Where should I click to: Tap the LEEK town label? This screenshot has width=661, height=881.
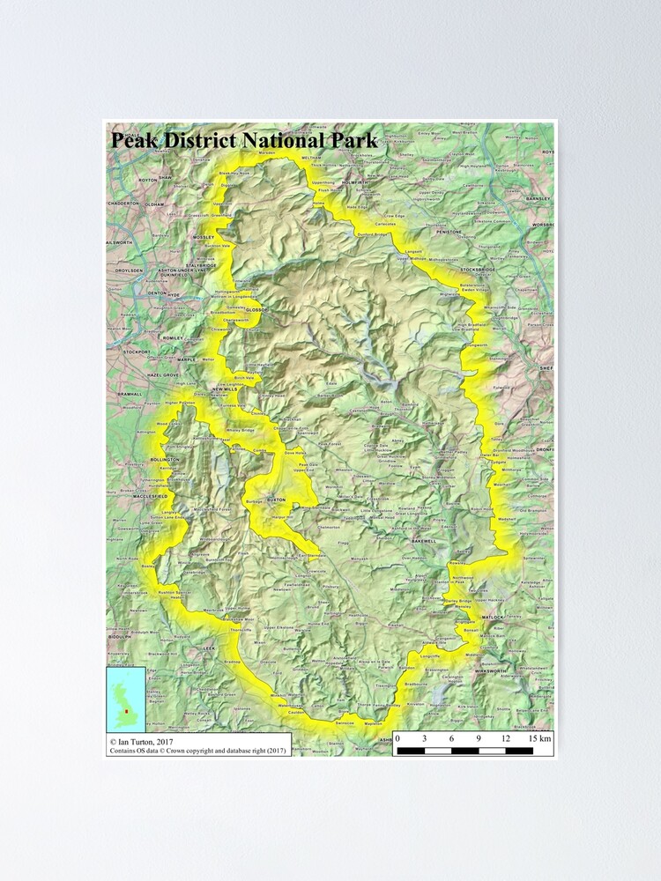209,648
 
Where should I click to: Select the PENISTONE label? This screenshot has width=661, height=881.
449,231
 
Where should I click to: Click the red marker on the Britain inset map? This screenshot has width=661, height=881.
126,710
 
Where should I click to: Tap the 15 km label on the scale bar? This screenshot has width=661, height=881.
540,738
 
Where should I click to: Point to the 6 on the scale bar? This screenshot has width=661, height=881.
451,738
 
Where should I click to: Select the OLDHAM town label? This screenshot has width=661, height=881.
155,203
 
